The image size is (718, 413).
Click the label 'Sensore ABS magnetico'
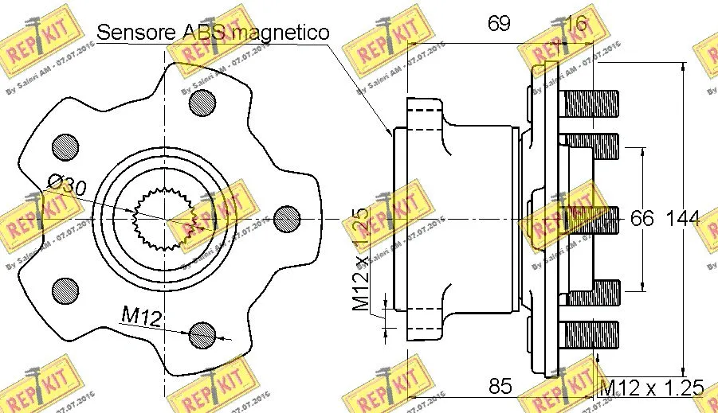(x=213, y=33)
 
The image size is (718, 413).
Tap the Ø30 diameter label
(x=66, y=186)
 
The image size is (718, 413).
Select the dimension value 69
(x=499, y=23)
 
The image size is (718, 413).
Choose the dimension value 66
(x=641, y=218)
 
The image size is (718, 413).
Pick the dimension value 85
(x=500, y=387)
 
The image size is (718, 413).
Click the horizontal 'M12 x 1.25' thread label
(x=651, y=388)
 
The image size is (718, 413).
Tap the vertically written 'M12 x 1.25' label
(x=361, y=259)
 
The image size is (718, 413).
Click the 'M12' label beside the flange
(x=142, y=318)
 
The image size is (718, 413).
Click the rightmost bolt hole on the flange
(x=285, y=218)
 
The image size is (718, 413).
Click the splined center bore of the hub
(x=165, y=218)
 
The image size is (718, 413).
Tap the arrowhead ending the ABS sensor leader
(x=390, y=132)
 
